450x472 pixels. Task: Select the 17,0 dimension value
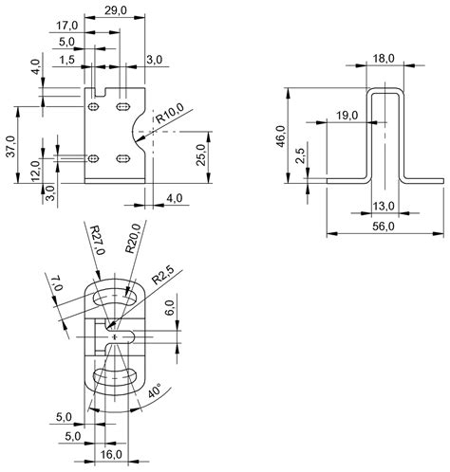(66, 25)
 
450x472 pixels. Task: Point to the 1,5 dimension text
(66, 59)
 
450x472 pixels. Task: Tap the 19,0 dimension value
(347, 116)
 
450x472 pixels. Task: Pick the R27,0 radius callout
(97, 237)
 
